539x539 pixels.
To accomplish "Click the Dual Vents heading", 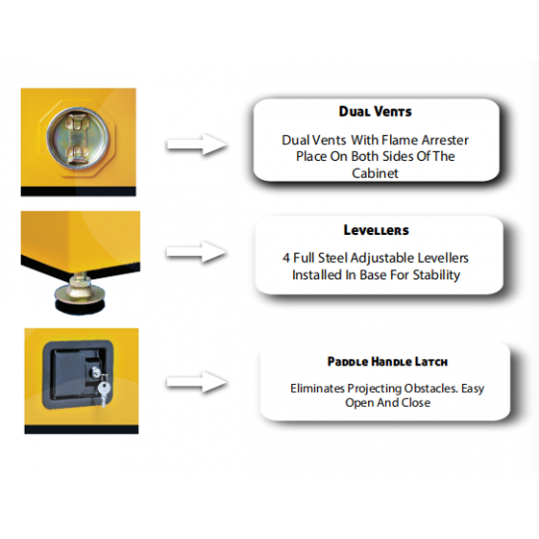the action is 375,112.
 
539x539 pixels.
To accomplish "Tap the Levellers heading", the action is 376,230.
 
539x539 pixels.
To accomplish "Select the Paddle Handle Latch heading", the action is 387,361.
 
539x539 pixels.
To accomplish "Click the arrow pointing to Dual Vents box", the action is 196,144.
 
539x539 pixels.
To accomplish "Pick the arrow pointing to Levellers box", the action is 196,252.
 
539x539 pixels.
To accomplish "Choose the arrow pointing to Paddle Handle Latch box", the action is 196,382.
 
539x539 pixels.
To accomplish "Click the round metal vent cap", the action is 77,138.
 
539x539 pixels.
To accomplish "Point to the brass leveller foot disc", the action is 80,293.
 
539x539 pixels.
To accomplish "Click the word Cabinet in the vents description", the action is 375,173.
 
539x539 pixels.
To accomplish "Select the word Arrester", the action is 445,140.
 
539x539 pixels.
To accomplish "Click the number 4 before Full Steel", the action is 286,258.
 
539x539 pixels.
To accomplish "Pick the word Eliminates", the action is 317,388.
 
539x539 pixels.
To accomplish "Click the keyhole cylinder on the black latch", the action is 95,371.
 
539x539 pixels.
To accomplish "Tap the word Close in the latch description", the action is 416,403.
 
